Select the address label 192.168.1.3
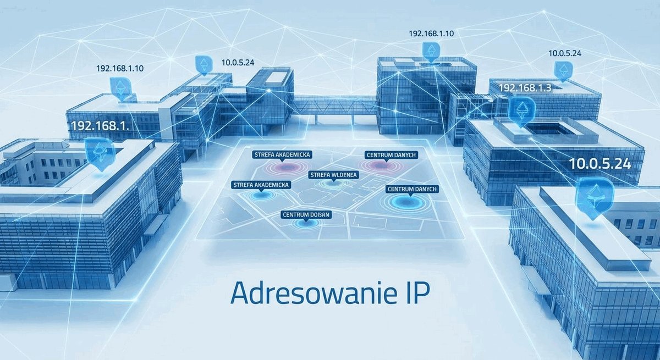525,88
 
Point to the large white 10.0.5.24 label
600,164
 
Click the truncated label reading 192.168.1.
100,126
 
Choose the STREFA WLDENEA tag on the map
333,175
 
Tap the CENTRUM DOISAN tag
306,214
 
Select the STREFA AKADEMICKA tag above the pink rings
282,154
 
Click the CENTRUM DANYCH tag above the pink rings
391,155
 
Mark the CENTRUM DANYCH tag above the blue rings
412,189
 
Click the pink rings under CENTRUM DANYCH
380,166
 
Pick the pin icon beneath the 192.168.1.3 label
521,111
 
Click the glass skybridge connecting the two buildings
335,107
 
